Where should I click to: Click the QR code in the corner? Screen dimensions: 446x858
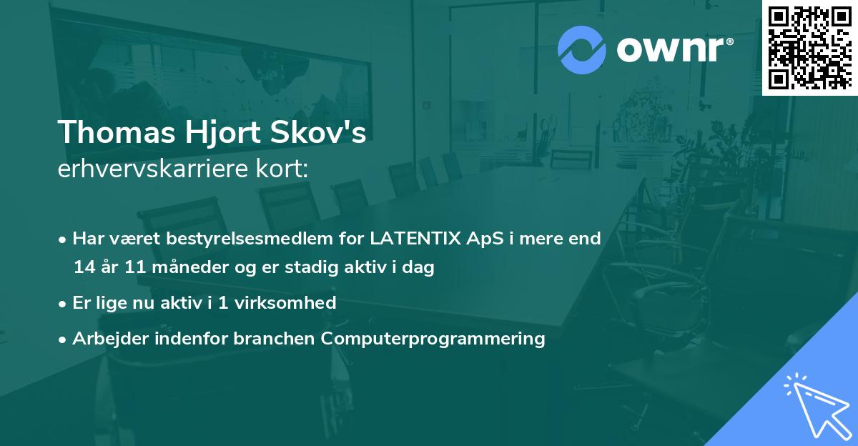(810, 47)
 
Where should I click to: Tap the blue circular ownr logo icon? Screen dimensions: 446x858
(582, 50)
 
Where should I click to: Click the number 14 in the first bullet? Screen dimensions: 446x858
(84, 268)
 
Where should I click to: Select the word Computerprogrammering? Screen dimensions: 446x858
(433, 338)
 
